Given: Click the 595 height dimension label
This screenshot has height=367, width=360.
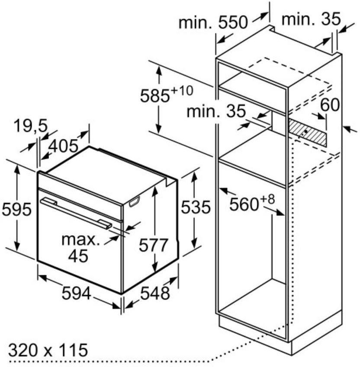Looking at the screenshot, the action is point(16,209).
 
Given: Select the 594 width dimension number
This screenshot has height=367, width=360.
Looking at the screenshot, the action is point(76,293).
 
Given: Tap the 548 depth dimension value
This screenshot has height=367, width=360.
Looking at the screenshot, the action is point(155,293).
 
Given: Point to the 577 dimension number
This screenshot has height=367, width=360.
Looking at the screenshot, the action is point(154,245).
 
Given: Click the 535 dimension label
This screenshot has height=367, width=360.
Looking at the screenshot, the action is point(196,207).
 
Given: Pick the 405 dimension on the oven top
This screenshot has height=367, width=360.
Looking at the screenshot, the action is point(63,146).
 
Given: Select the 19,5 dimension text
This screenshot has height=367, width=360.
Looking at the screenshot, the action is point(31,126).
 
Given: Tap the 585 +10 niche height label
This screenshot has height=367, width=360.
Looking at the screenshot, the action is point(167,94).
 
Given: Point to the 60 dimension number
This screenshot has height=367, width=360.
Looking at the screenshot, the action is point(330,105).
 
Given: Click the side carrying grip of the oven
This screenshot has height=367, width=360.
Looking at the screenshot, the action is point(134,201).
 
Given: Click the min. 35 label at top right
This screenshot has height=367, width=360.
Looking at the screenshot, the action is point(311,19).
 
